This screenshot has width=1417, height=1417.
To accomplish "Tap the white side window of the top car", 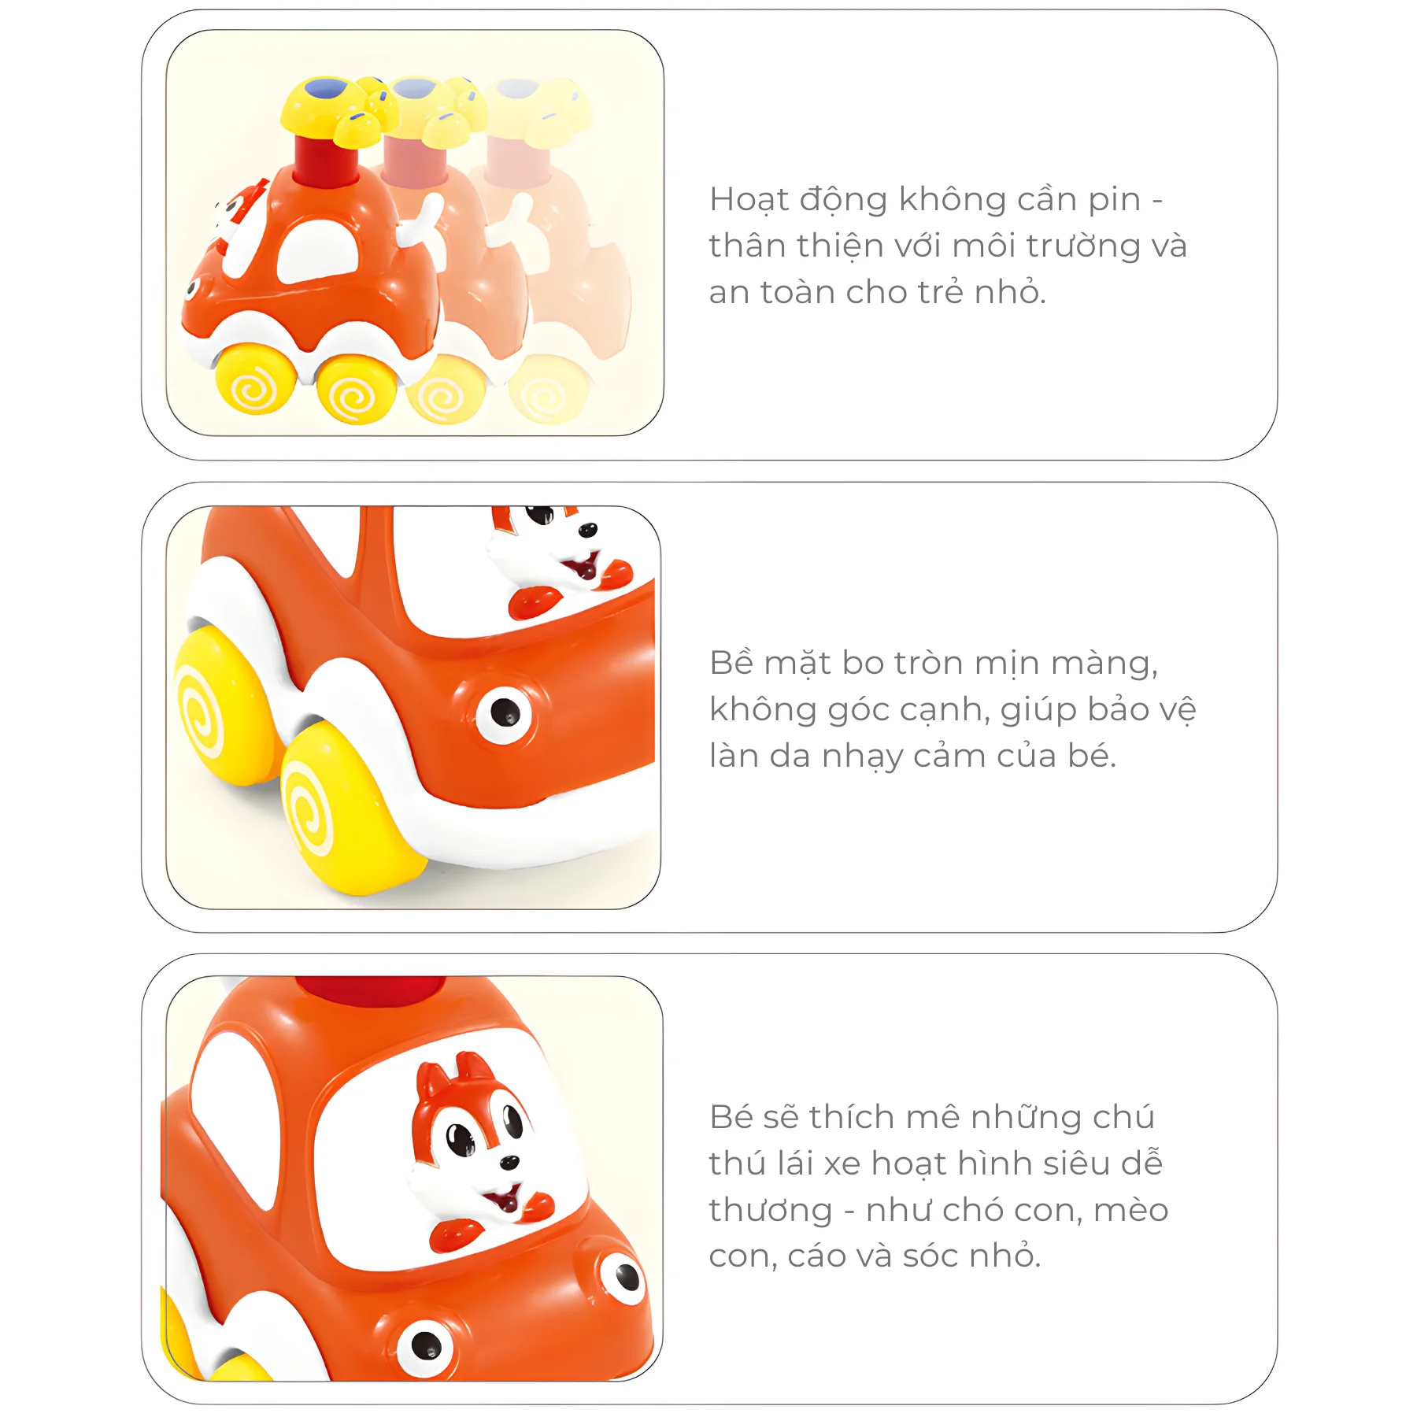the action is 319,250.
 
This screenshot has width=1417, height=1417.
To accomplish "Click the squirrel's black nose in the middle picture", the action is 587,531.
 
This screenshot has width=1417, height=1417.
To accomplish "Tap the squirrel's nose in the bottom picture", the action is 510,1161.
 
